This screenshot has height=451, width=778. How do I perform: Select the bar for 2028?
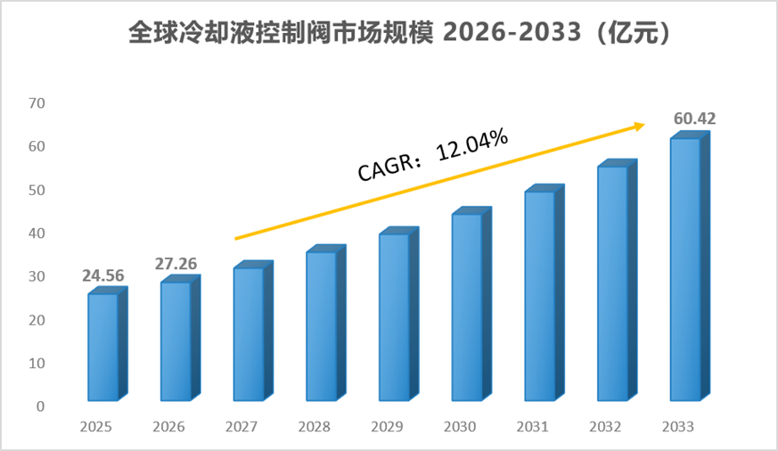326,323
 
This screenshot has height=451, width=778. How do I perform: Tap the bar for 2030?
471,304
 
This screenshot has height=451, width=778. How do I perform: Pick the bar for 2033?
690,266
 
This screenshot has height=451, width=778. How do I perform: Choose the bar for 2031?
545,292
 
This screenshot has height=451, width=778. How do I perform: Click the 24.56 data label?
103,275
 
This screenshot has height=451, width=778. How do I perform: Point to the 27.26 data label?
176,264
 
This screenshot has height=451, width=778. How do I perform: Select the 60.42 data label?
694,119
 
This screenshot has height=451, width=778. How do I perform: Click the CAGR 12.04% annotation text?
432,154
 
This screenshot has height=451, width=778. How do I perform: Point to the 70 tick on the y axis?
37,103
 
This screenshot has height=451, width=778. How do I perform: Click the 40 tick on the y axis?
37,234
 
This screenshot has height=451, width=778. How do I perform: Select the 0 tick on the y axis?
41,406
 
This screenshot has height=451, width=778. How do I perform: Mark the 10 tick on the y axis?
37,363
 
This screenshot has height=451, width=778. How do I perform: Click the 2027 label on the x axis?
242,427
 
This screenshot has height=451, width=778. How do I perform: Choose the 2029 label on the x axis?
387,427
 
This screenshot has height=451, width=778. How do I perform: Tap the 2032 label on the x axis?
605,427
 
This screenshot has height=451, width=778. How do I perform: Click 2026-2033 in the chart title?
512,33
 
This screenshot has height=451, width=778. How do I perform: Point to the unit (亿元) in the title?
634,33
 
